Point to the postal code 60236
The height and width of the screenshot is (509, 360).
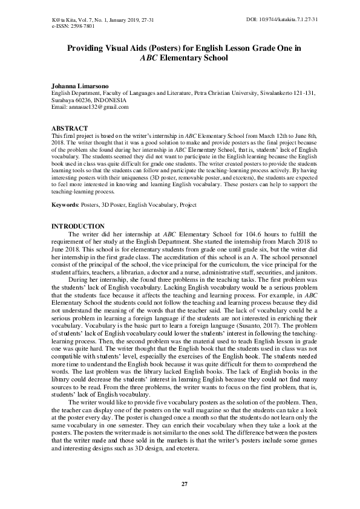[x=82, y=100]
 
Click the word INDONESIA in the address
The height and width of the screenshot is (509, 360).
[x=110, y=100]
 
